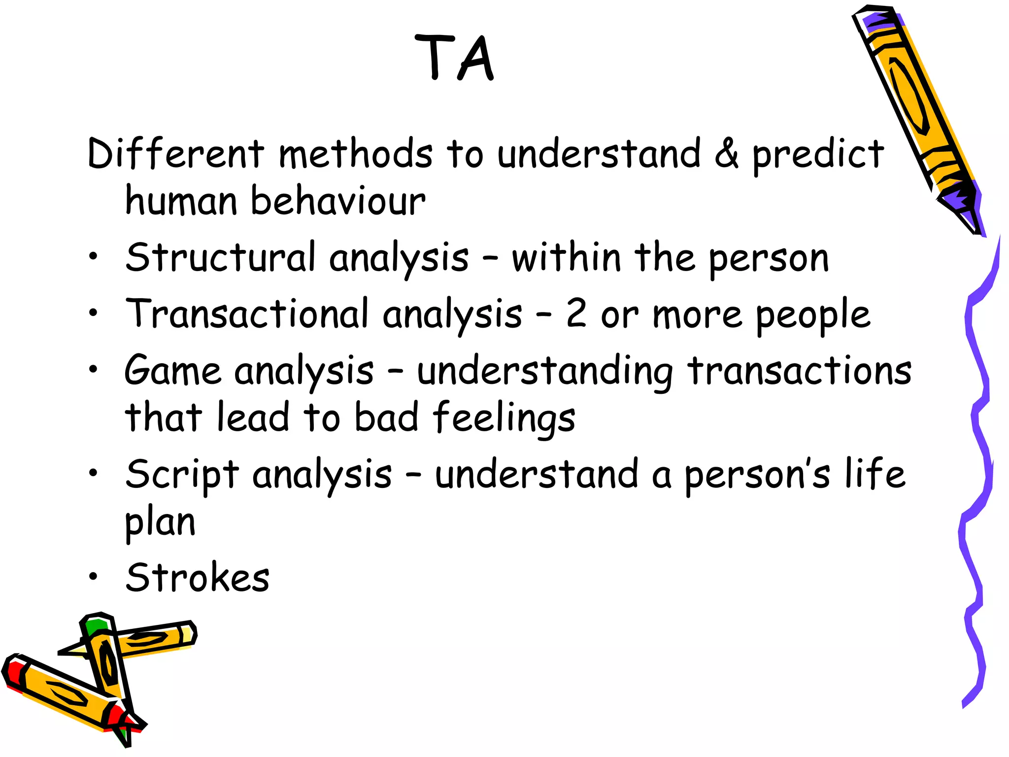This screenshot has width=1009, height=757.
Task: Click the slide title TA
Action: (x=454, y=58)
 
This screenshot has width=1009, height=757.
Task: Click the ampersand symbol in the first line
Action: (x=726, y=154)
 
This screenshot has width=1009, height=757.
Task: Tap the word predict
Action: (x=818, y=155)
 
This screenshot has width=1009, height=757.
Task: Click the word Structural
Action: (x=220, y=257)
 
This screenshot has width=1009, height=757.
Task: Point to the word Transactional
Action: (x=247, y=314)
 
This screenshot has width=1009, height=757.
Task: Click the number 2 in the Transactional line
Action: (x=576, y=314)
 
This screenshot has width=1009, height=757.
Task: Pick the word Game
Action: (x=172, y=371)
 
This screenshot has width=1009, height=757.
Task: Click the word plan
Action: (x=160, y=523)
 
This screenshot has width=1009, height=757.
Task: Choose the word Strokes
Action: (x=198, y=578)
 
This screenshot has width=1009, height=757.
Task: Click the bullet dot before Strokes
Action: (x=93, y=576)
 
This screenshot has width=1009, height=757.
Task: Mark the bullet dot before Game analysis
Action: (x=93, y=369)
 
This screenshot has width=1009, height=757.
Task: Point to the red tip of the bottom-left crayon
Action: (x=12, y=673)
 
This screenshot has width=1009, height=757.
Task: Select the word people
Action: (x=813, y=316)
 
